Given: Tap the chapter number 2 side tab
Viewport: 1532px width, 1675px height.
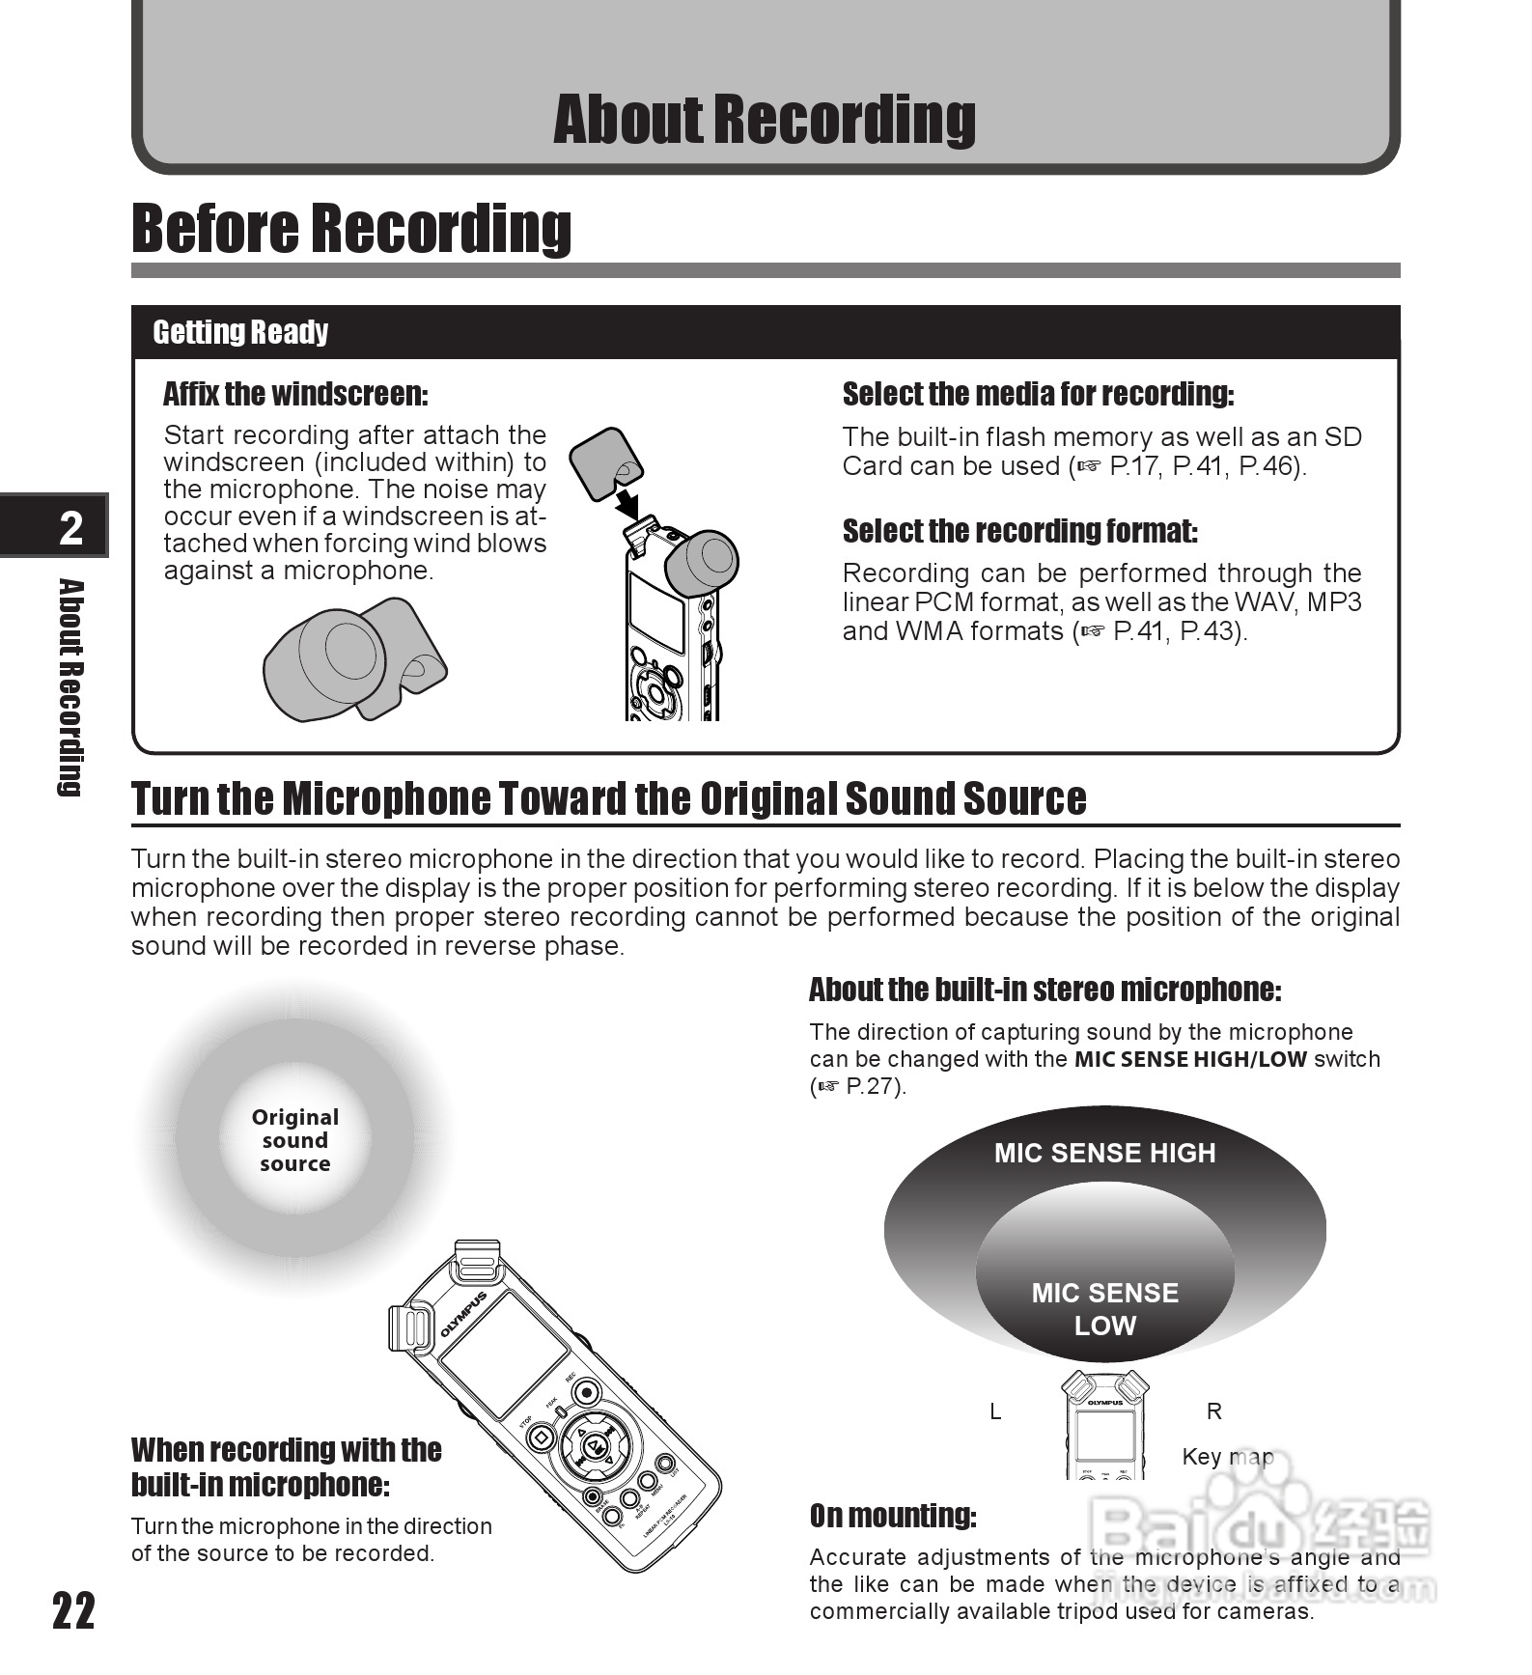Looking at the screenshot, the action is point(70,527).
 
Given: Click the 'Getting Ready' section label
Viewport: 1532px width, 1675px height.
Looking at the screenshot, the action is point(240,332).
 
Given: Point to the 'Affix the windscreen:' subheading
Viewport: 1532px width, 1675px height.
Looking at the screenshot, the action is point(295,394).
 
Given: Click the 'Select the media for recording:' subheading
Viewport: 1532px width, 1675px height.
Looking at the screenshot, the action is point(1038,394).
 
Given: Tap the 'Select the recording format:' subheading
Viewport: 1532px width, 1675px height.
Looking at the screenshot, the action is point(1019,531).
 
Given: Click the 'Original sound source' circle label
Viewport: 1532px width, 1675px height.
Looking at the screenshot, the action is point(295,1140).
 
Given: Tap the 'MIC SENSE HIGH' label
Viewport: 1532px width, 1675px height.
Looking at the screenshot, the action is point(1104,1153).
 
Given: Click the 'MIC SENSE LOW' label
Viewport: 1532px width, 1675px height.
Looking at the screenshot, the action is point(1104,1309).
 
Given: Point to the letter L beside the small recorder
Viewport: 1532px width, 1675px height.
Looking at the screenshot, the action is point(995,1411).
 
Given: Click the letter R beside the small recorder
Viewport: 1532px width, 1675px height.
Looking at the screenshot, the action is point(1214,1411).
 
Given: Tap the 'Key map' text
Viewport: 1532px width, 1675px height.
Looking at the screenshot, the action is point(1227,1456).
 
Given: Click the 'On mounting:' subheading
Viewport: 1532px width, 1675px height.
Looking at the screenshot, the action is point(893,1516).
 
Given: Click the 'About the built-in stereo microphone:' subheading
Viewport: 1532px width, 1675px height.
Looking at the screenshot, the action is point(1045,990).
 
